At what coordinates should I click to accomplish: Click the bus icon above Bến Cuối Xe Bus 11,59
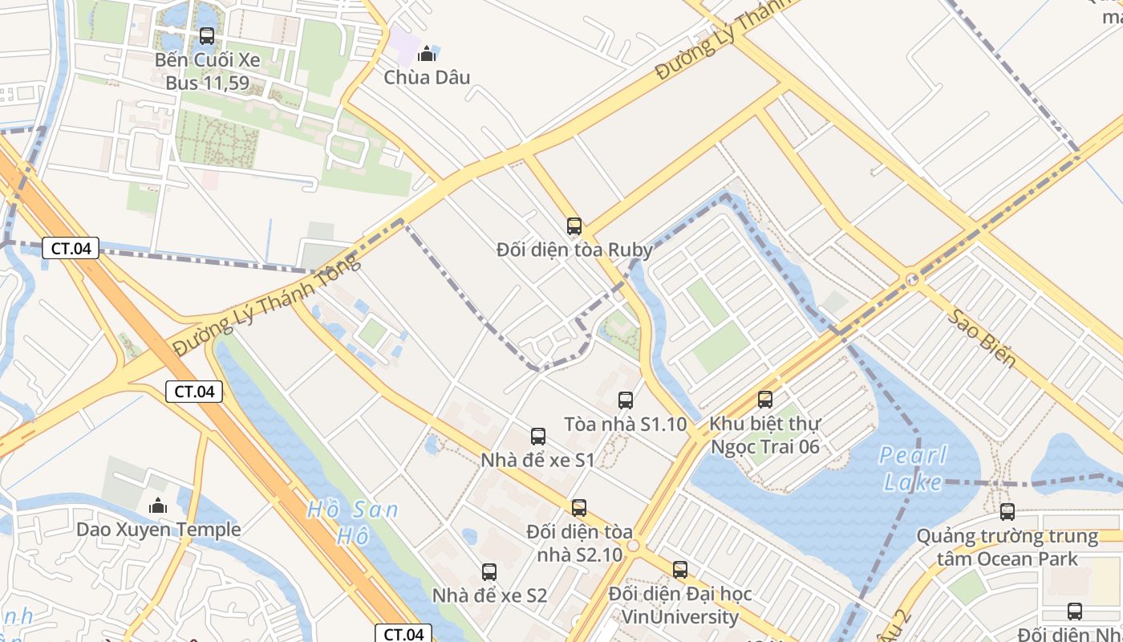(206, 36)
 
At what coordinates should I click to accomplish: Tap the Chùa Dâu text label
(427, 77)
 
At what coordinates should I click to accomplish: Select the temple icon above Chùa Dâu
(427, 54)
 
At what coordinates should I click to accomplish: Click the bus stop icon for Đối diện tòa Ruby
(574, 226)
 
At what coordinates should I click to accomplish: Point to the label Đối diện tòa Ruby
(574, 250)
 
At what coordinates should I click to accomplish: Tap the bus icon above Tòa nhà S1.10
(626, 400)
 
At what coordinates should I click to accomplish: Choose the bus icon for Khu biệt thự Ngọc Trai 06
(765, 400)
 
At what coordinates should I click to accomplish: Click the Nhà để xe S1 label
(537, 460)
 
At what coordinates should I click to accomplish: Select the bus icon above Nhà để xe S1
(537, 437)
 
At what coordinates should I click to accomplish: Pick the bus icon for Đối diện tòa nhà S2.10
(579, 508)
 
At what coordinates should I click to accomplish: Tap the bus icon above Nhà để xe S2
(489, 572)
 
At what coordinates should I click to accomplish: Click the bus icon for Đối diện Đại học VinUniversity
(680, 571)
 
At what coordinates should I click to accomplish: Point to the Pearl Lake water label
(913, 469)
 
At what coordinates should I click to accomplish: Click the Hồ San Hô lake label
(352, 522)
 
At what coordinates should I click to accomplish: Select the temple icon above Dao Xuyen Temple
(158, 506)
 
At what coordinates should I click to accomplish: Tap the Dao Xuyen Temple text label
(158, 530)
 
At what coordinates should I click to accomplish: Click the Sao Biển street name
(982, 337)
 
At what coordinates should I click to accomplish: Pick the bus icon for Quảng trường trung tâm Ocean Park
(1007, 512)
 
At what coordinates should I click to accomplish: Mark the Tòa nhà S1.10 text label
(626, 424)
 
